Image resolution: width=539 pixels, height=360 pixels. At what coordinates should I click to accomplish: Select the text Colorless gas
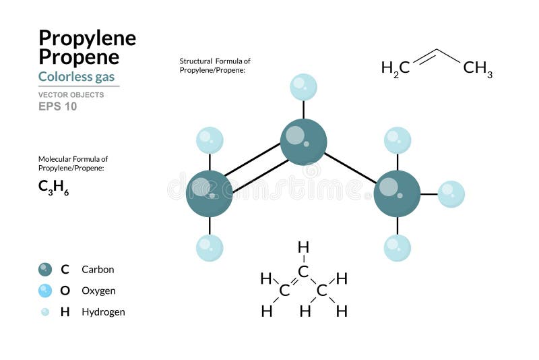click(x=76, y=76)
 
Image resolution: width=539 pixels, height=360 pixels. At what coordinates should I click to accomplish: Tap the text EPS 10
click(x=57, y=107)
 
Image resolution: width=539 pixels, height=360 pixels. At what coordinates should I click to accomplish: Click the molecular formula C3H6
click(x=53, y=188)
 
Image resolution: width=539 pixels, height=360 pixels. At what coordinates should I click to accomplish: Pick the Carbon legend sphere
click(x=45, y=270)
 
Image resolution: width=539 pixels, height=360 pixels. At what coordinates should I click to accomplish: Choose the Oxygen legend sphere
click(x=45, y=291)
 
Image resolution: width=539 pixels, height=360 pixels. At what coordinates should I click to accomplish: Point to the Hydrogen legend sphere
click(x=45, y=312)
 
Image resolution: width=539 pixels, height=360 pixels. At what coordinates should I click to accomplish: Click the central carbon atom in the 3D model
click(x=303, y=142)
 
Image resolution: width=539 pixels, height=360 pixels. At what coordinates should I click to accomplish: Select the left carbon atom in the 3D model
click(x=209, y=194)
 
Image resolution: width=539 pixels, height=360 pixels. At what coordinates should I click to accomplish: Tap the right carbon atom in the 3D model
click(x=397, y=194)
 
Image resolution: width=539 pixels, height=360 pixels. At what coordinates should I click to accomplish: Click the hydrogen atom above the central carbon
click(x=303, y=87)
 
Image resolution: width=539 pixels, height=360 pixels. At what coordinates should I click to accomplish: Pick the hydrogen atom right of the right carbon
click(x=451, y=194)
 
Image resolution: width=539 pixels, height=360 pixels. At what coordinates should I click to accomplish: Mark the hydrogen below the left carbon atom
click(x=209, y=247)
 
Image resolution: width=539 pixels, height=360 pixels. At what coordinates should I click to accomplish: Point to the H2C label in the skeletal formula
click(x=395, y=68)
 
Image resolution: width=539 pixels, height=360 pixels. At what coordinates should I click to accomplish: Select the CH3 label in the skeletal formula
click(x=478, y=68)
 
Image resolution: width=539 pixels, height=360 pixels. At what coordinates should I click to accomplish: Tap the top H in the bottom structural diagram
click(x=303, y=247)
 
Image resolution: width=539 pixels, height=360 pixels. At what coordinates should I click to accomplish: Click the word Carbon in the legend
click(x=98, y=270)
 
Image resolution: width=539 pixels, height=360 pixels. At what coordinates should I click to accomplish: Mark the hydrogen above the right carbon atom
click(x=397, y=140)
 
